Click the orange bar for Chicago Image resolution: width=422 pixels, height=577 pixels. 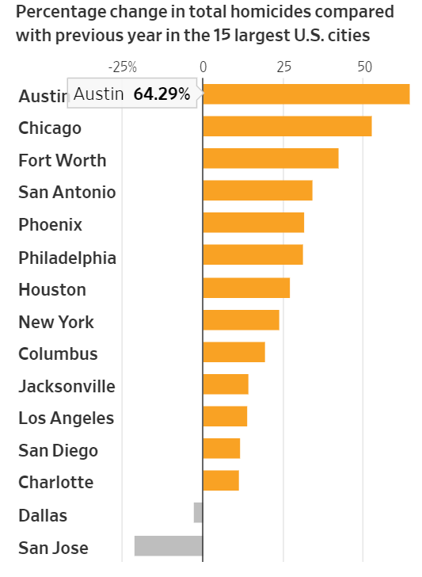pos(287,126)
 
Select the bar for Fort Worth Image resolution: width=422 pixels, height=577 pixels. pos(271,159)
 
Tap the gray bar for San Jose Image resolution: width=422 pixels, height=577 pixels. pos(169,546)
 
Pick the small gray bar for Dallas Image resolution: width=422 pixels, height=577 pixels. pos(199,513)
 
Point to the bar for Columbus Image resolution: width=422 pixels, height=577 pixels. pos(234,352)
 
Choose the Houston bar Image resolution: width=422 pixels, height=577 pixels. pos(247,288)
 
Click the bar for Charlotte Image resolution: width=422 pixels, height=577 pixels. pos(221,480)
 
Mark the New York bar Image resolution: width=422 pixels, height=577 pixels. pos(241,319)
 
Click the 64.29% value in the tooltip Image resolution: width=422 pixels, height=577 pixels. pos(162,94)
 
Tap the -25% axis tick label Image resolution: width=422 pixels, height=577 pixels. pos(123,67)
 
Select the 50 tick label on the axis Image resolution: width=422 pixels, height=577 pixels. pos(365,67)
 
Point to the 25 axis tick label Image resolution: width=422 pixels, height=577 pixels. pos(283,67)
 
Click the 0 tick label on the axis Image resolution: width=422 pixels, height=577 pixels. pos(203,67)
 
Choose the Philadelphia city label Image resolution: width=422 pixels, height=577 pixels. pos(67,258)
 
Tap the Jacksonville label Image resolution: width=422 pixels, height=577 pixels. pos(67,387)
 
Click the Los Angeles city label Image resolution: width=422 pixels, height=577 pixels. pos(67,418)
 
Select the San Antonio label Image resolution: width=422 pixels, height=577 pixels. pos(67,192)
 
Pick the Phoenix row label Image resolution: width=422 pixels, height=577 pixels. pos(51,224)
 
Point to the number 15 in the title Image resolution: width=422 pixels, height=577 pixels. pos(222,36)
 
